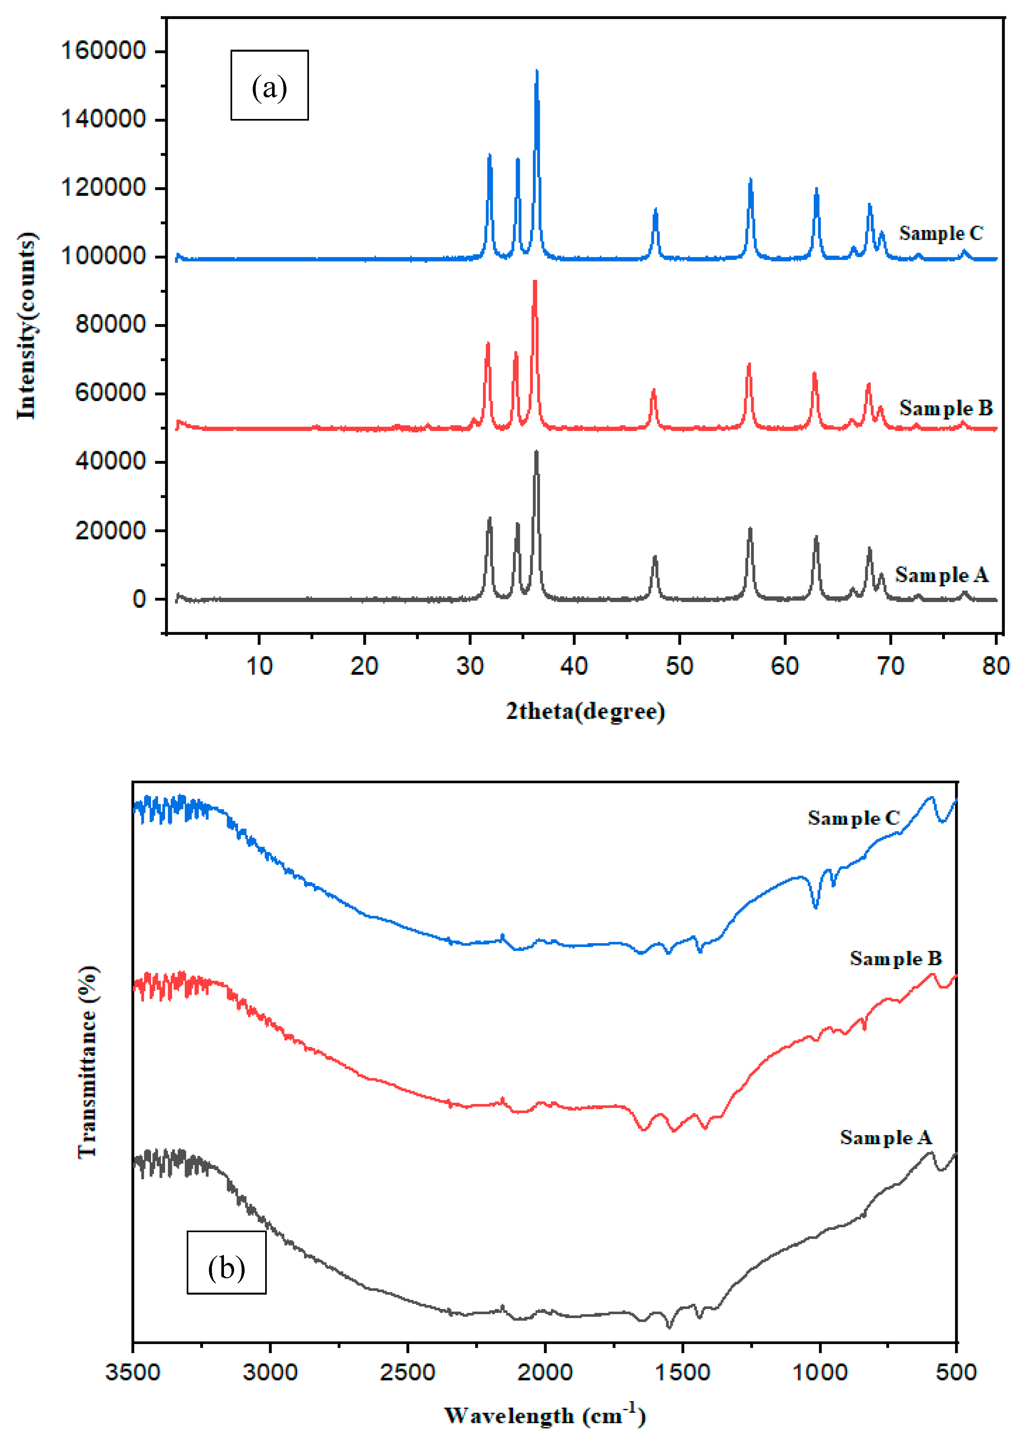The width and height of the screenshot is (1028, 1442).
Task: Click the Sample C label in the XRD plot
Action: click(x=941, y=233)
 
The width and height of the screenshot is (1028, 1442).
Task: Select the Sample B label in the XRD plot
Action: click(x=946, y=408)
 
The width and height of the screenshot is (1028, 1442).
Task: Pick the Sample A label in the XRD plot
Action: click(x=941, y=575)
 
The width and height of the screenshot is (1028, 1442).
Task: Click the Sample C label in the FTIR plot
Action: click(x=853, y=818)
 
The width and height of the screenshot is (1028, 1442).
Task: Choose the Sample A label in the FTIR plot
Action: click(x=885, y=1138)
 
